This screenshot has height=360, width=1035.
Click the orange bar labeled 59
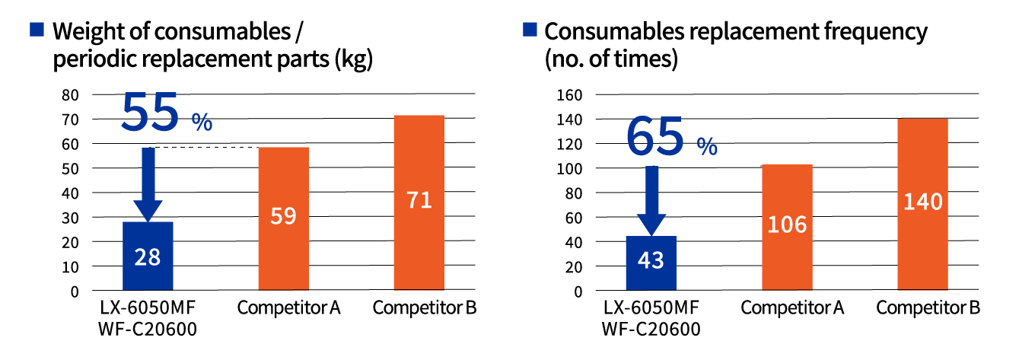point(283,218)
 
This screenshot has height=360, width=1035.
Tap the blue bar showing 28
point(148,256)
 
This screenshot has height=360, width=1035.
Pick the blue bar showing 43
point(651,263)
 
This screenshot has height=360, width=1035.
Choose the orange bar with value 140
point(922,204)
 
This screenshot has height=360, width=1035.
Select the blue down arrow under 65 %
point(651,200)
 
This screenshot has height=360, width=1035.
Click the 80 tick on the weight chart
point(70,95)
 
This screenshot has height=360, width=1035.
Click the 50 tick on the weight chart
point(70,168)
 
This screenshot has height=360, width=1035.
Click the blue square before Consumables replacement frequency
point(530,30)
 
